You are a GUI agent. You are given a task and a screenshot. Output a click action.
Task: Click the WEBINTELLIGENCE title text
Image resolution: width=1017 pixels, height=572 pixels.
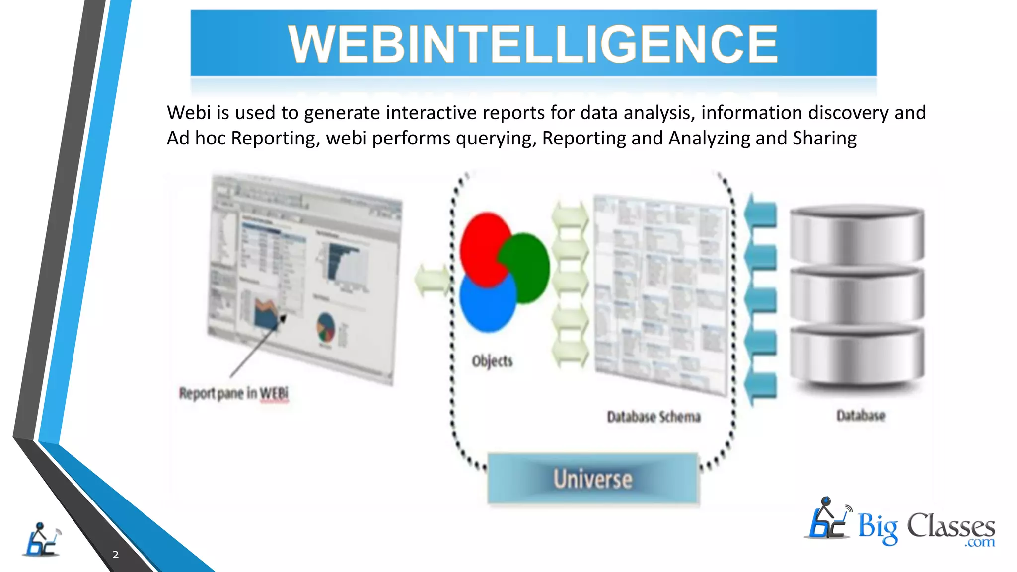533,44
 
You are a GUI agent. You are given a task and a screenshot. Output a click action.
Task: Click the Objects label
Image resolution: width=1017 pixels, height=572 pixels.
492,361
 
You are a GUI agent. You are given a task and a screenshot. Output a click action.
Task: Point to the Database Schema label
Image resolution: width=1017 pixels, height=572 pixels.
654,417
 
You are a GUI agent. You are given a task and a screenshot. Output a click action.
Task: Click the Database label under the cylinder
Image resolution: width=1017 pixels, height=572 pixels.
861,415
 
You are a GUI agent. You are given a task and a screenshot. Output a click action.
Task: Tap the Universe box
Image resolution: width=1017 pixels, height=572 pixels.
593,479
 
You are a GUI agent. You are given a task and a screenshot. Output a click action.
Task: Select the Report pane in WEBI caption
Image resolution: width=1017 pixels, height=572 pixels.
233,393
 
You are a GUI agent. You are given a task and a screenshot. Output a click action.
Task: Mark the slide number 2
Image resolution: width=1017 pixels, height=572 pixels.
115,555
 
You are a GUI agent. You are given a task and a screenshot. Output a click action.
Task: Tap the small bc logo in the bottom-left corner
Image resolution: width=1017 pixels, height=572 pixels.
41,540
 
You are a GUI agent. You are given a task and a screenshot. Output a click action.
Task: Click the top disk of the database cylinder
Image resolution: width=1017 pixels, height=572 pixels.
857,234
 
